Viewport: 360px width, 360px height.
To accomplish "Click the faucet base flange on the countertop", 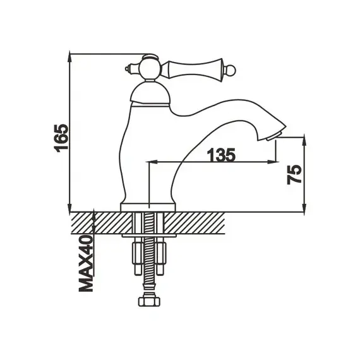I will coord(147,207).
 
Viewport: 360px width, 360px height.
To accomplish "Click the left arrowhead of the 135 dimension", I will coord(152,163).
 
